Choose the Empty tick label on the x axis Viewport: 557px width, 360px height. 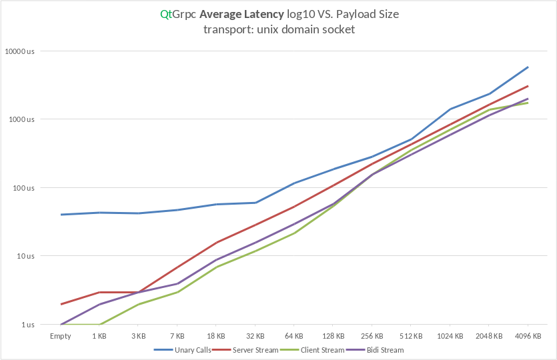(x=61, y=336)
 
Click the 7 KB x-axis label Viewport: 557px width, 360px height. (x=177, y=336)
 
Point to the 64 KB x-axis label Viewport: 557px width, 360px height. (x=294, y=336)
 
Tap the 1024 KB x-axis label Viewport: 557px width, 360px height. (x=450, y=336)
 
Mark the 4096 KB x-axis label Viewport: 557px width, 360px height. (x=528, y=336)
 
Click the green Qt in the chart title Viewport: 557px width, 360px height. (x=165, y=14)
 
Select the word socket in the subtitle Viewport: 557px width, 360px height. (x=338, y=29)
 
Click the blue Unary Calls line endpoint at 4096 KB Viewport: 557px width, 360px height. (x=528, y=67)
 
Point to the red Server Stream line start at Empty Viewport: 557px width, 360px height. (x=61, y=304)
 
